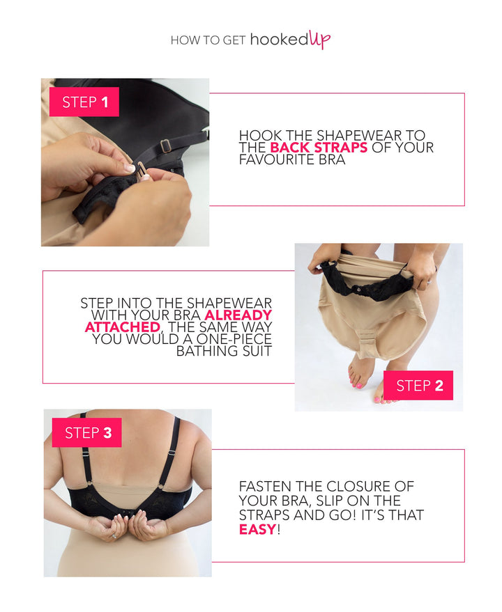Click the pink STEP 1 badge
coord(84,102)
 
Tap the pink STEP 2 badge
coord(418,385)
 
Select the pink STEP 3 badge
coord(86,432)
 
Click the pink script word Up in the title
coord(320,40)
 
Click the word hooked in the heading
coord(279,40)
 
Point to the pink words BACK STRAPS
coord(319,148)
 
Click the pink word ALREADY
coord(238,315)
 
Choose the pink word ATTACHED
coord(123,327)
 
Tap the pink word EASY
coord(258,530)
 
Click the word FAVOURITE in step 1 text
coord(277,159)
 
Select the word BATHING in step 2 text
coord(207,351)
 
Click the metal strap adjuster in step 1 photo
coord(165,146)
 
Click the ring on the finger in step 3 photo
coord(114,536)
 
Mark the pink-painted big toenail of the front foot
coord(358,385)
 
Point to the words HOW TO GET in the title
coord(208,40)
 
